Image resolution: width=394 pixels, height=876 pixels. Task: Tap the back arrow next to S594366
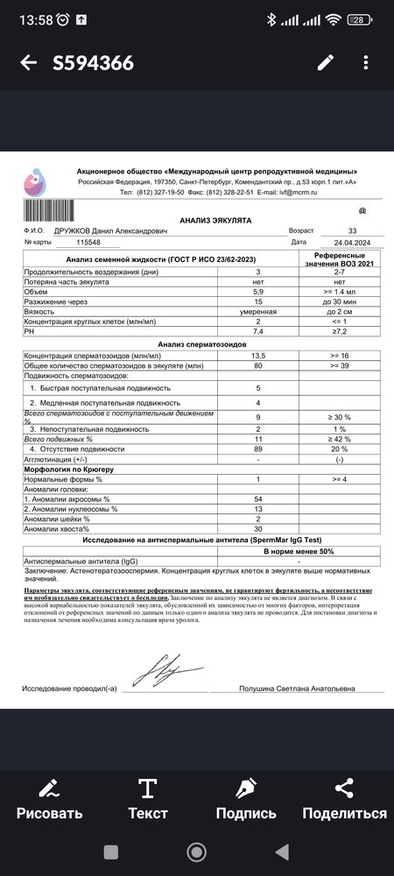point(28,62)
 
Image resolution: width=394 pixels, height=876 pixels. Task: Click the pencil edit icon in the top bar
point(326,62)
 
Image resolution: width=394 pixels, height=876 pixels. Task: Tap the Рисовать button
point(50,797)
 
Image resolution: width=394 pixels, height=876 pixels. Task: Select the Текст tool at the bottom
point(148,797)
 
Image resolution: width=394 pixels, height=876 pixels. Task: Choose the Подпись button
point(246,797)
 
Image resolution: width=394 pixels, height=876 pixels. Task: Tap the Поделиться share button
point(344,797)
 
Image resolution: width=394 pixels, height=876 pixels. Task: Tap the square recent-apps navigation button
point(111,852)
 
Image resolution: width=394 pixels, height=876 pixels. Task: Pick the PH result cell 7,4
point(257,332)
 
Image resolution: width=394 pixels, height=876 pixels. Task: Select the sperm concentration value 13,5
point(257,355)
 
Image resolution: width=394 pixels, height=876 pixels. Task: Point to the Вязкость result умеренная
point(257,311)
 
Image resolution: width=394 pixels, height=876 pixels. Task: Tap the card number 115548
point(95,242)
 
